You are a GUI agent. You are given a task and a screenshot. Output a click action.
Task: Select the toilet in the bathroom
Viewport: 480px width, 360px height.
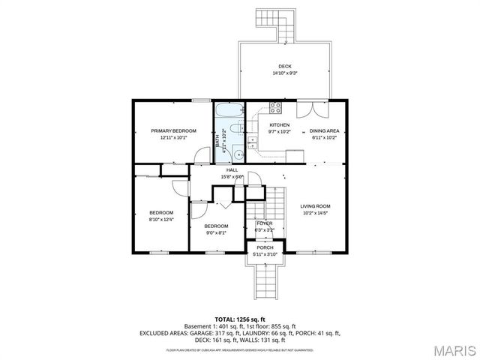tap(234, 136)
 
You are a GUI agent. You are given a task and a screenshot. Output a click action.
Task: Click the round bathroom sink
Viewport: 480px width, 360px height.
tap(236, 155)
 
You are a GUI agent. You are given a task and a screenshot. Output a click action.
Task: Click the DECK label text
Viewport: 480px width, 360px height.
tap(284, 66)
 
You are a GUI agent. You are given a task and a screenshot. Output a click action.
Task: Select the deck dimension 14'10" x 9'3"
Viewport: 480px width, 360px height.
tap(284, 73)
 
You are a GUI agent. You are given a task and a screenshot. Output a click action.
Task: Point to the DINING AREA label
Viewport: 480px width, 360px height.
tap(324, 130)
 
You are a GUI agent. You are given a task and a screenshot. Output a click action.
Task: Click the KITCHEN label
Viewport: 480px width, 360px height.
tap(280, 124)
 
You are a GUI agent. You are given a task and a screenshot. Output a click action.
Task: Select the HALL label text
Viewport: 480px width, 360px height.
tap(232, 170)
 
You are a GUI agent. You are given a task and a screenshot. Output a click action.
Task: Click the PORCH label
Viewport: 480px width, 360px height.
tap(265, 247)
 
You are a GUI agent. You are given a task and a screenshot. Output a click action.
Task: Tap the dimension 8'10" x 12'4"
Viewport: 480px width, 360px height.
tap(160, 219)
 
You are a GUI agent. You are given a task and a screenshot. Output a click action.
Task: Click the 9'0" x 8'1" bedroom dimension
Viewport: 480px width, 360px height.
tap(216, 232)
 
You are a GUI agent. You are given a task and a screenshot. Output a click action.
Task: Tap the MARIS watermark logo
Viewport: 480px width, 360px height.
tap(450, 350)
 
